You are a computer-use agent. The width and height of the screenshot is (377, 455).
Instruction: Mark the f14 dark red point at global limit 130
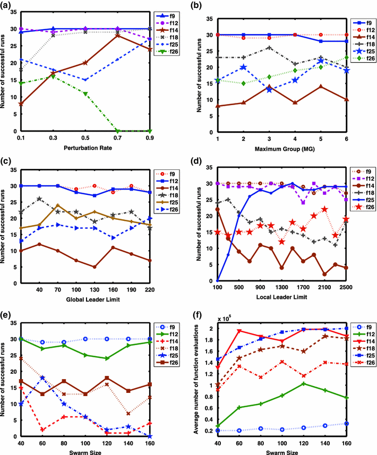coord(95,267)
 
